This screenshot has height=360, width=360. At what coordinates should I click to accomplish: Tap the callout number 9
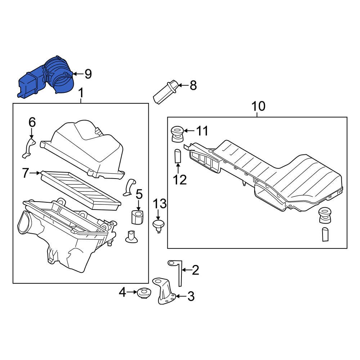click(x=87, y=74)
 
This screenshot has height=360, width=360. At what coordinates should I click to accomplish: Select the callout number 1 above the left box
click(x=81, y=93)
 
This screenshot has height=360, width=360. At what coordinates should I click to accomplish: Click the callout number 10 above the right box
click(x=258, y=107)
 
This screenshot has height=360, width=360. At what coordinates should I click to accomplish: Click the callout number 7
click(x=25, y=174)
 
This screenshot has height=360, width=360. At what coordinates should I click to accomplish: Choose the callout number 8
click(x=193, y=86)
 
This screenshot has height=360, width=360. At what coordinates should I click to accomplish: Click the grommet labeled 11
click(x=177, y=134)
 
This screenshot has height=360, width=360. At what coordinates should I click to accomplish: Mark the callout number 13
click(x=160, y=204)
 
